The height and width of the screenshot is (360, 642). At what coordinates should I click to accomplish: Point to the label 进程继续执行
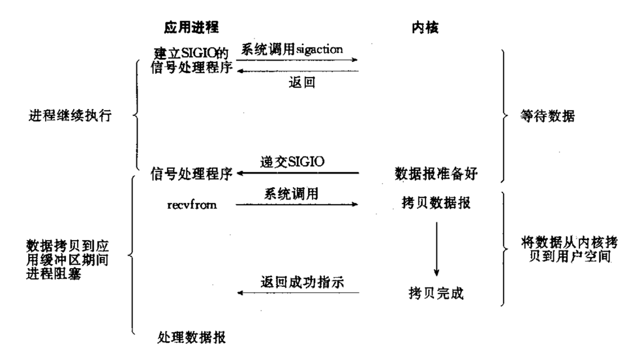tap(70, 117)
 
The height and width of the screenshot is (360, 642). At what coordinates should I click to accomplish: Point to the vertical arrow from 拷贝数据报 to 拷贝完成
tap(437, 248)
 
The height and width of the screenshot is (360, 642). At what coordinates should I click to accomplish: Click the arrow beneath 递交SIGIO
tap(298, 173)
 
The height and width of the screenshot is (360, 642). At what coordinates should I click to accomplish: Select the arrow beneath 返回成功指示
tap(298, 293)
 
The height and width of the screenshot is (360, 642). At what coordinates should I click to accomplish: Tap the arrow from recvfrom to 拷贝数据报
tap(298, 205)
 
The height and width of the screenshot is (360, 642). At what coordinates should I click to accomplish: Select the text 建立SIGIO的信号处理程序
tap(193, 60)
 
